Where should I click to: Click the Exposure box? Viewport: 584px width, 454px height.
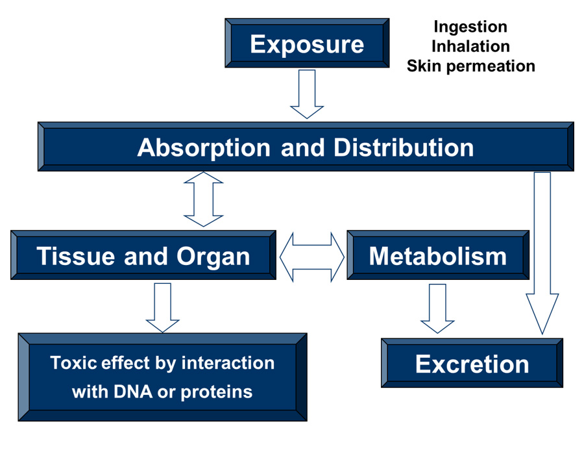pyautogui.click(x=307, y=44)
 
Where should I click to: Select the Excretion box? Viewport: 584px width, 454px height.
pyautogui.click(x=472, y=363)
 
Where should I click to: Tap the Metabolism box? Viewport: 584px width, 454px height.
pyautogui.click(x=438, y=255)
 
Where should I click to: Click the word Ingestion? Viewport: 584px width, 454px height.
pyautogui.click(x=470, y=27)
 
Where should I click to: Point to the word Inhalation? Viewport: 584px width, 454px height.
pyautogui.click(x=470, y=46)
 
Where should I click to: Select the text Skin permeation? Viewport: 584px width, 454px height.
pyautogui.click(x=470, y=66)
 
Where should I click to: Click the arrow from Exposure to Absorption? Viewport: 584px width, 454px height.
pyautogui.click(x=307, y=94)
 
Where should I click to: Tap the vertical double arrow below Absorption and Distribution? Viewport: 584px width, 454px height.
pyautogui.click(x=204, y=199)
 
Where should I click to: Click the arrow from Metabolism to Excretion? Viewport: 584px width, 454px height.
pyautogui.click(x=438, y=307)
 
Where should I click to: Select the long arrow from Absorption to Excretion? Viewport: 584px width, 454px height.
pyautogui.click(x=542, y=253)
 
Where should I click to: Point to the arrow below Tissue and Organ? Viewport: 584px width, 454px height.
pyautogui.click(x=162, y=307)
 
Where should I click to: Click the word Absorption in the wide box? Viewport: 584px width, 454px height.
pyautogui.click(x=204, y=147)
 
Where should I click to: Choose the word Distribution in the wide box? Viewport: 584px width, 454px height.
pyautogui.click(x=404, y=147)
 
